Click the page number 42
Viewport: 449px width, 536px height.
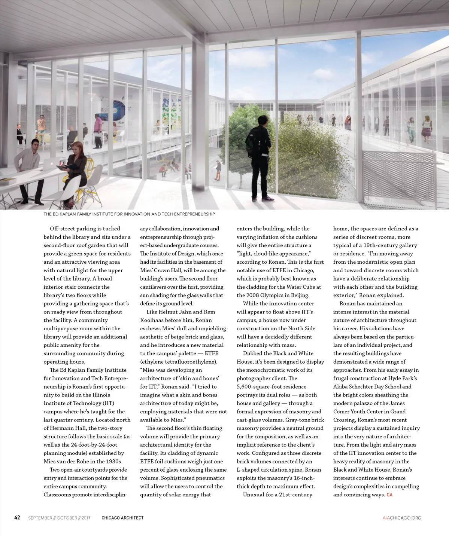tap(17, 517)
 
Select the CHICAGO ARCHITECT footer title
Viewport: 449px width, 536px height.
tap(122, 518)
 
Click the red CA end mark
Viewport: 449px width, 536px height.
tap(389, 495)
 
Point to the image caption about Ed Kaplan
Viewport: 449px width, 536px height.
tap(129, 214)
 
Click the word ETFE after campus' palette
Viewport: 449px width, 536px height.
tap(211, 353)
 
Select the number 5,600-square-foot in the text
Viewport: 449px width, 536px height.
tap(271, 387)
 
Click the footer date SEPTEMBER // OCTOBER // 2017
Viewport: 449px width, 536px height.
tap(59, 518)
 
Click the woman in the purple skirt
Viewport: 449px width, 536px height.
tap(427, 129)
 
